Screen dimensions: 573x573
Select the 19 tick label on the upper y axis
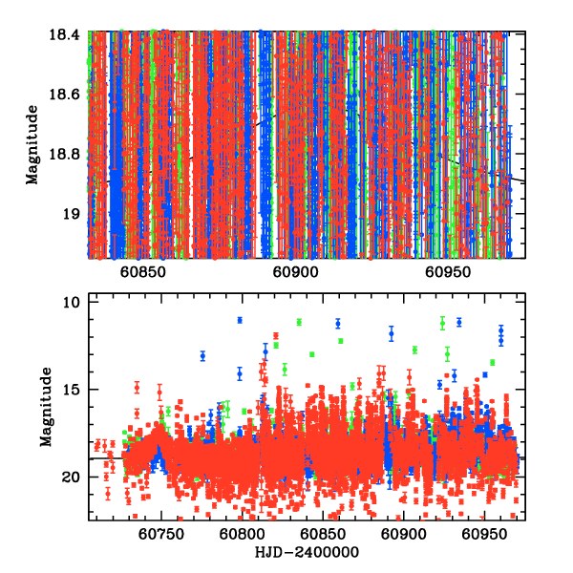click(x=73, y=214)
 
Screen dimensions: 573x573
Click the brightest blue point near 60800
click(x=240, y=320)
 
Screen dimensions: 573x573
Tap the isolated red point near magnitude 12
click(x=276, y=335)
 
